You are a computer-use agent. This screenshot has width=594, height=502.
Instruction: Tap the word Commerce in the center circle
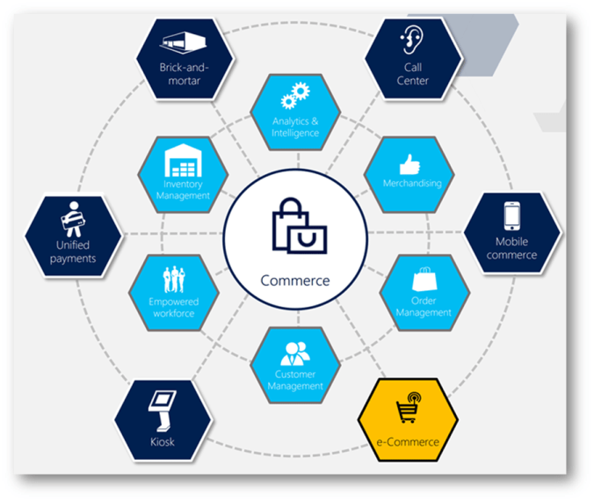(295, 281)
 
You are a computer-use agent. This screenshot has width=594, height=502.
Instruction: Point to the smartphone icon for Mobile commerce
(512, 216)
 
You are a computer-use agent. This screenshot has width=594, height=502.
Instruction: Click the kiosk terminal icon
(161, 409)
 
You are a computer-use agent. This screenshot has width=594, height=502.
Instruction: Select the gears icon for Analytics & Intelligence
(293, 97)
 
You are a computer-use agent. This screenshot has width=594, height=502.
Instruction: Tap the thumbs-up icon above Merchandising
(408, 164)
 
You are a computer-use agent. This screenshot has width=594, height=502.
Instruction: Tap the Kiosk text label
(162, 441)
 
